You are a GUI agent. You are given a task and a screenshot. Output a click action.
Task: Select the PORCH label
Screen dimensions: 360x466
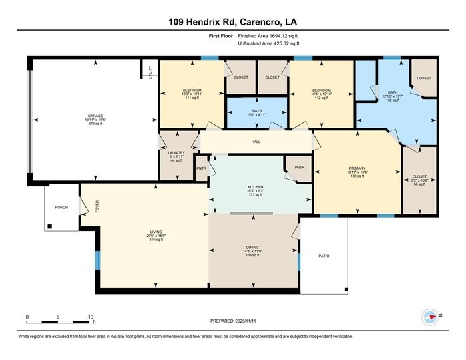(x=61, y=207)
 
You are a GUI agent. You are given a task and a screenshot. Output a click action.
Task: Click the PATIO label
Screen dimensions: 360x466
(x=323, y=256)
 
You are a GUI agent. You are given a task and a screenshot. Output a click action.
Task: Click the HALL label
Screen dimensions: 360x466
(x=256, y=142)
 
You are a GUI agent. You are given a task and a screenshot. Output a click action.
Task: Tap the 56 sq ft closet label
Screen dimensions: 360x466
(x=420, y=182)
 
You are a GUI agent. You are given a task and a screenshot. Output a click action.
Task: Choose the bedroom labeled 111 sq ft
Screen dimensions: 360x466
(x=192, y=94)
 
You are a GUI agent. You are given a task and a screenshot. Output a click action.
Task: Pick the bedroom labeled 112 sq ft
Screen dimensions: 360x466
(x=322, y=94)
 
